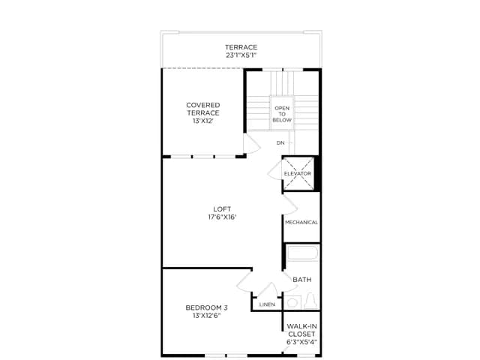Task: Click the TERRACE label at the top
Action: pos(241,47)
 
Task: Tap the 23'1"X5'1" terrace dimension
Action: pos(241,55)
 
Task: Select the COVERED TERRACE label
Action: pos(203,109)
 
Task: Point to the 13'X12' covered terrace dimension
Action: pos(203,121)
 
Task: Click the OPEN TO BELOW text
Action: pos(282,114)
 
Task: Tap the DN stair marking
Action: pos(280,143)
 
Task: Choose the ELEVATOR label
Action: pos(298,173)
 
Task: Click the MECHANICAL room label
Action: pos(301,223)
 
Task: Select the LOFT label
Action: pos(222,209)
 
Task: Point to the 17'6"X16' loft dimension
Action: pos(222,217)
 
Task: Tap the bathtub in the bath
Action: pos(302,253)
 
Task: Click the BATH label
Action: pos(302,280)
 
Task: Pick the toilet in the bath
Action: pos(310,301)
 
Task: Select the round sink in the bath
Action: pos(292,303)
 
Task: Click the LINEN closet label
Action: pos(267,304)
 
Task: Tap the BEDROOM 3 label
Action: pos(207,307)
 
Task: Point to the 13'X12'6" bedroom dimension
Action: pos(207,316)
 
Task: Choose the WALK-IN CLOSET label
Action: pos(301,330)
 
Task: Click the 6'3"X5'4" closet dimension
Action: pos(301,342)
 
